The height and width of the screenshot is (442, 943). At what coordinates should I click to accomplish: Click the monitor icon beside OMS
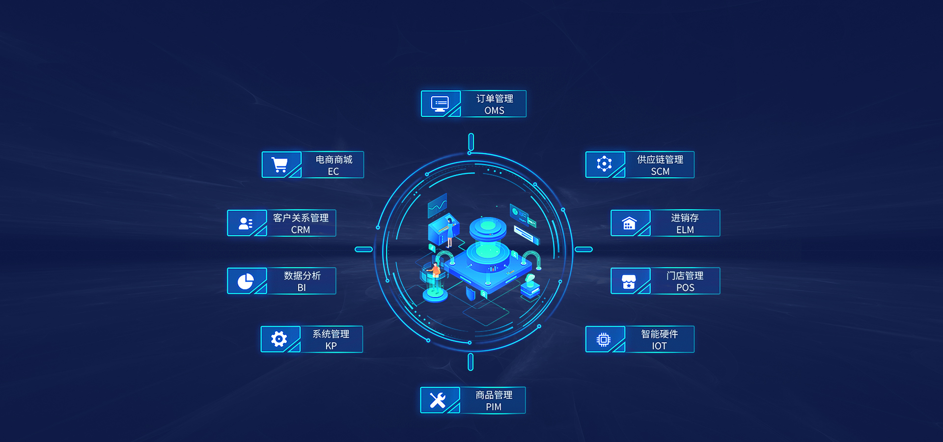440,104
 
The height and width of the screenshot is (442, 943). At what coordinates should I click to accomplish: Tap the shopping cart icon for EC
279,165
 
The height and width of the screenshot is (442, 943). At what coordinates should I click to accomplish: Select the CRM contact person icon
246,223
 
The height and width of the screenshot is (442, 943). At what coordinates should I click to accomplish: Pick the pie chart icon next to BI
246,281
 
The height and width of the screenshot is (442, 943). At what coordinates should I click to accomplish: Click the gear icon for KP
279,339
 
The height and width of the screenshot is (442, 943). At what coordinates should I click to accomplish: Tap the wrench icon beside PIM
438,400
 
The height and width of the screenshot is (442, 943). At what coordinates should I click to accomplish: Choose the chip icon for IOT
604,339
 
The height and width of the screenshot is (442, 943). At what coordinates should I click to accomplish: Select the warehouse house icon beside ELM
629,223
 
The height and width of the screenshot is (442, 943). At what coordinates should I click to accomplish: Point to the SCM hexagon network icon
604,164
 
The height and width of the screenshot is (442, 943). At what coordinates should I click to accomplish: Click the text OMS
494,110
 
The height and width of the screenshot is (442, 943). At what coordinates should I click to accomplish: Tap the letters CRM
301,230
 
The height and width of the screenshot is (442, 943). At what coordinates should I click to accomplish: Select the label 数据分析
302,276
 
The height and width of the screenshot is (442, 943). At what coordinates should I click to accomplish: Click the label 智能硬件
659,334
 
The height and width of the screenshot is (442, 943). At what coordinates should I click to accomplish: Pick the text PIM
494,407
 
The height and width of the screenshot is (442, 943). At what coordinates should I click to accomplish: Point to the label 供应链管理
660,160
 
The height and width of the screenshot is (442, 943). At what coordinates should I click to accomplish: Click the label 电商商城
334,160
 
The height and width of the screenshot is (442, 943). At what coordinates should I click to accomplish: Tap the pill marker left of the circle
363,249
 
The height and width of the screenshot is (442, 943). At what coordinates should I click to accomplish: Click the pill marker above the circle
471,142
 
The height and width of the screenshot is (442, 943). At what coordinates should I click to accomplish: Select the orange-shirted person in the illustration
435,272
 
